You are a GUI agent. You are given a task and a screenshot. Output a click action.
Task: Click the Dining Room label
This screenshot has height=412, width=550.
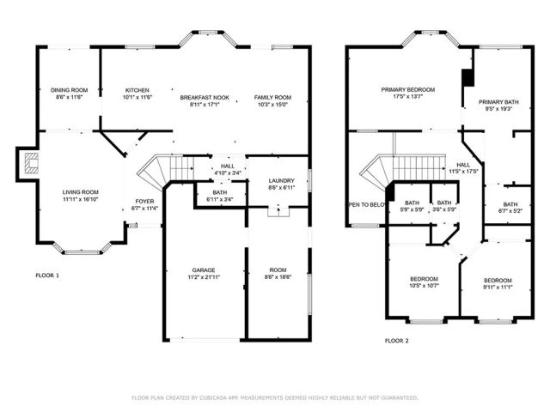69,90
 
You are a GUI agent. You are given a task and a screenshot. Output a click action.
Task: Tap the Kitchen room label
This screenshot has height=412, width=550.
137,90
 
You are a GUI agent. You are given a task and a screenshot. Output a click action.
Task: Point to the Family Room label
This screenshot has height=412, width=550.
271,98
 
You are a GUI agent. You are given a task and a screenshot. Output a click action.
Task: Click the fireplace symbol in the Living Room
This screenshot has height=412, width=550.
30,162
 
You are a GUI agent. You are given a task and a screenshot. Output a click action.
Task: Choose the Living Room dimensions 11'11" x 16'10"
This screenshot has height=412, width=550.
79,199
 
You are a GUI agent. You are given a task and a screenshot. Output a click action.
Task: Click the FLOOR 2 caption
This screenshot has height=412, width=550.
396,341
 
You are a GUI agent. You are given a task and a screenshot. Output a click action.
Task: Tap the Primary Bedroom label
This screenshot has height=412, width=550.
408,89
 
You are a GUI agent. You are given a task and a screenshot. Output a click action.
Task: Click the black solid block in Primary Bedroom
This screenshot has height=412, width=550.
467,77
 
